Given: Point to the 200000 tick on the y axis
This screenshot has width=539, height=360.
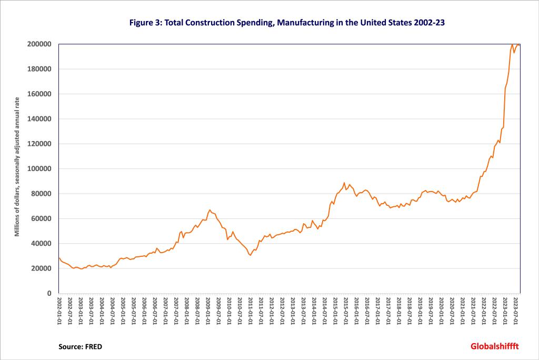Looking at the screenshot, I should tap(41, 44).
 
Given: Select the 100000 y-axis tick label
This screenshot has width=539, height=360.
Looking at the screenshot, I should tap(41, 169).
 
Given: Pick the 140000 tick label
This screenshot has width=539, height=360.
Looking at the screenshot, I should tap(41, 119).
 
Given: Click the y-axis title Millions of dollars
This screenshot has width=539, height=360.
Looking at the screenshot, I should tap(17, 167).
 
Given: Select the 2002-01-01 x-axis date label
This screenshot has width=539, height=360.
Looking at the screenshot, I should tap(59, 312).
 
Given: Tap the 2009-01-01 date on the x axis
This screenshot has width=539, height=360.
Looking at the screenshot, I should tap(208, 312).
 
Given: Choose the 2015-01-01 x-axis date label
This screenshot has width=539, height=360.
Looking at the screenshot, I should tap(335, 312).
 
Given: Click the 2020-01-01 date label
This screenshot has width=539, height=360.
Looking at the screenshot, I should tap(442, 312).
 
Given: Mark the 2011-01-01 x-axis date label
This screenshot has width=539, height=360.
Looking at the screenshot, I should tap(251, 312).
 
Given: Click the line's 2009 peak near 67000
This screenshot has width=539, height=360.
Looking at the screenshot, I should tap(209, 209).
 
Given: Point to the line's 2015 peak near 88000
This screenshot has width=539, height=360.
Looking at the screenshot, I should tap(344, 183).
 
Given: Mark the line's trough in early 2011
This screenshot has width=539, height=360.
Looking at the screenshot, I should tap(250, 255).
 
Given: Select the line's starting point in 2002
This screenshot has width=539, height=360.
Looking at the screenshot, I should tap(59, 258).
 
